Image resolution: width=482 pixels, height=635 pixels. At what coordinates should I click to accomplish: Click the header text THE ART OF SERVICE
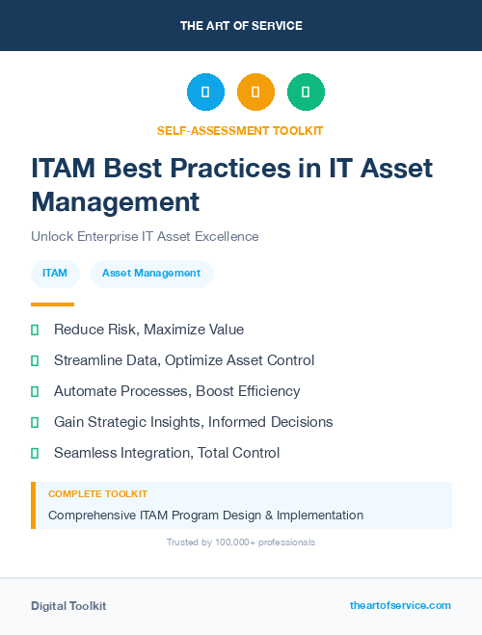coord(241,26)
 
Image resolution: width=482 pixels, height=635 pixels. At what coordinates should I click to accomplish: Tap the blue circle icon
coord(205,93)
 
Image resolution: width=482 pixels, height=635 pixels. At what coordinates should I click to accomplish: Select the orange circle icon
coord(255,93)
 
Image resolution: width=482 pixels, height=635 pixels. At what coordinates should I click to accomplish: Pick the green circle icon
coord(306,93)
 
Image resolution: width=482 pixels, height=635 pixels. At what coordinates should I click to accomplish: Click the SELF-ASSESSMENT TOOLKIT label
coord(240,130)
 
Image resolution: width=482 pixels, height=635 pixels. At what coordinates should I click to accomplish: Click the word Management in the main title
coord(115,201)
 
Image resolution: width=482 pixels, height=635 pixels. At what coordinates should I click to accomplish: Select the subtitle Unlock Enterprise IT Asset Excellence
coord(145,236)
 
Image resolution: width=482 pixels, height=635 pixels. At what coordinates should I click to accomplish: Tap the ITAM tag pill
coord(55,274)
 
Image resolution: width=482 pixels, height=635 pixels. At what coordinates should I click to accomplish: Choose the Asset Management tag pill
coord(151,274)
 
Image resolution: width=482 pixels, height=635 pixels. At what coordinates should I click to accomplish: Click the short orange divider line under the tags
coord(52,304)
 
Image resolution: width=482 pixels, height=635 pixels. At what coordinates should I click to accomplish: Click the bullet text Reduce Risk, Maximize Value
coord(148,330)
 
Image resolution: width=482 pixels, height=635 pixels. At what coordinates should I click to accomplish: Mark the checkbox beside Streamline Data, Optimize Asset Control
coord(35,360)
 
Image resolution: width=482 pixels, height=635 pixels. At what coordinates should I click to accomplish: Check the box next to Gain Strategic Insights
coord(35,422)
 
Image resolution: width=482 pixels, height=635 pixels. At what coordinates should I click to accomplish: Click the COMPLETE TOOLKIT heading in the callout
coord(97,494)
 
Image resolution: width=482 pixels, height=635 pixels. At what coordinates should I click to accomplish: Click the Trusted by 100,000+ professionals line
coord(241,542)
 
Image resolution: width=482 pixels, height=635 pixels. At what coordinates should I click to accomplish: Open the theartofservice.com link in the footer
coord(400,605)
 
